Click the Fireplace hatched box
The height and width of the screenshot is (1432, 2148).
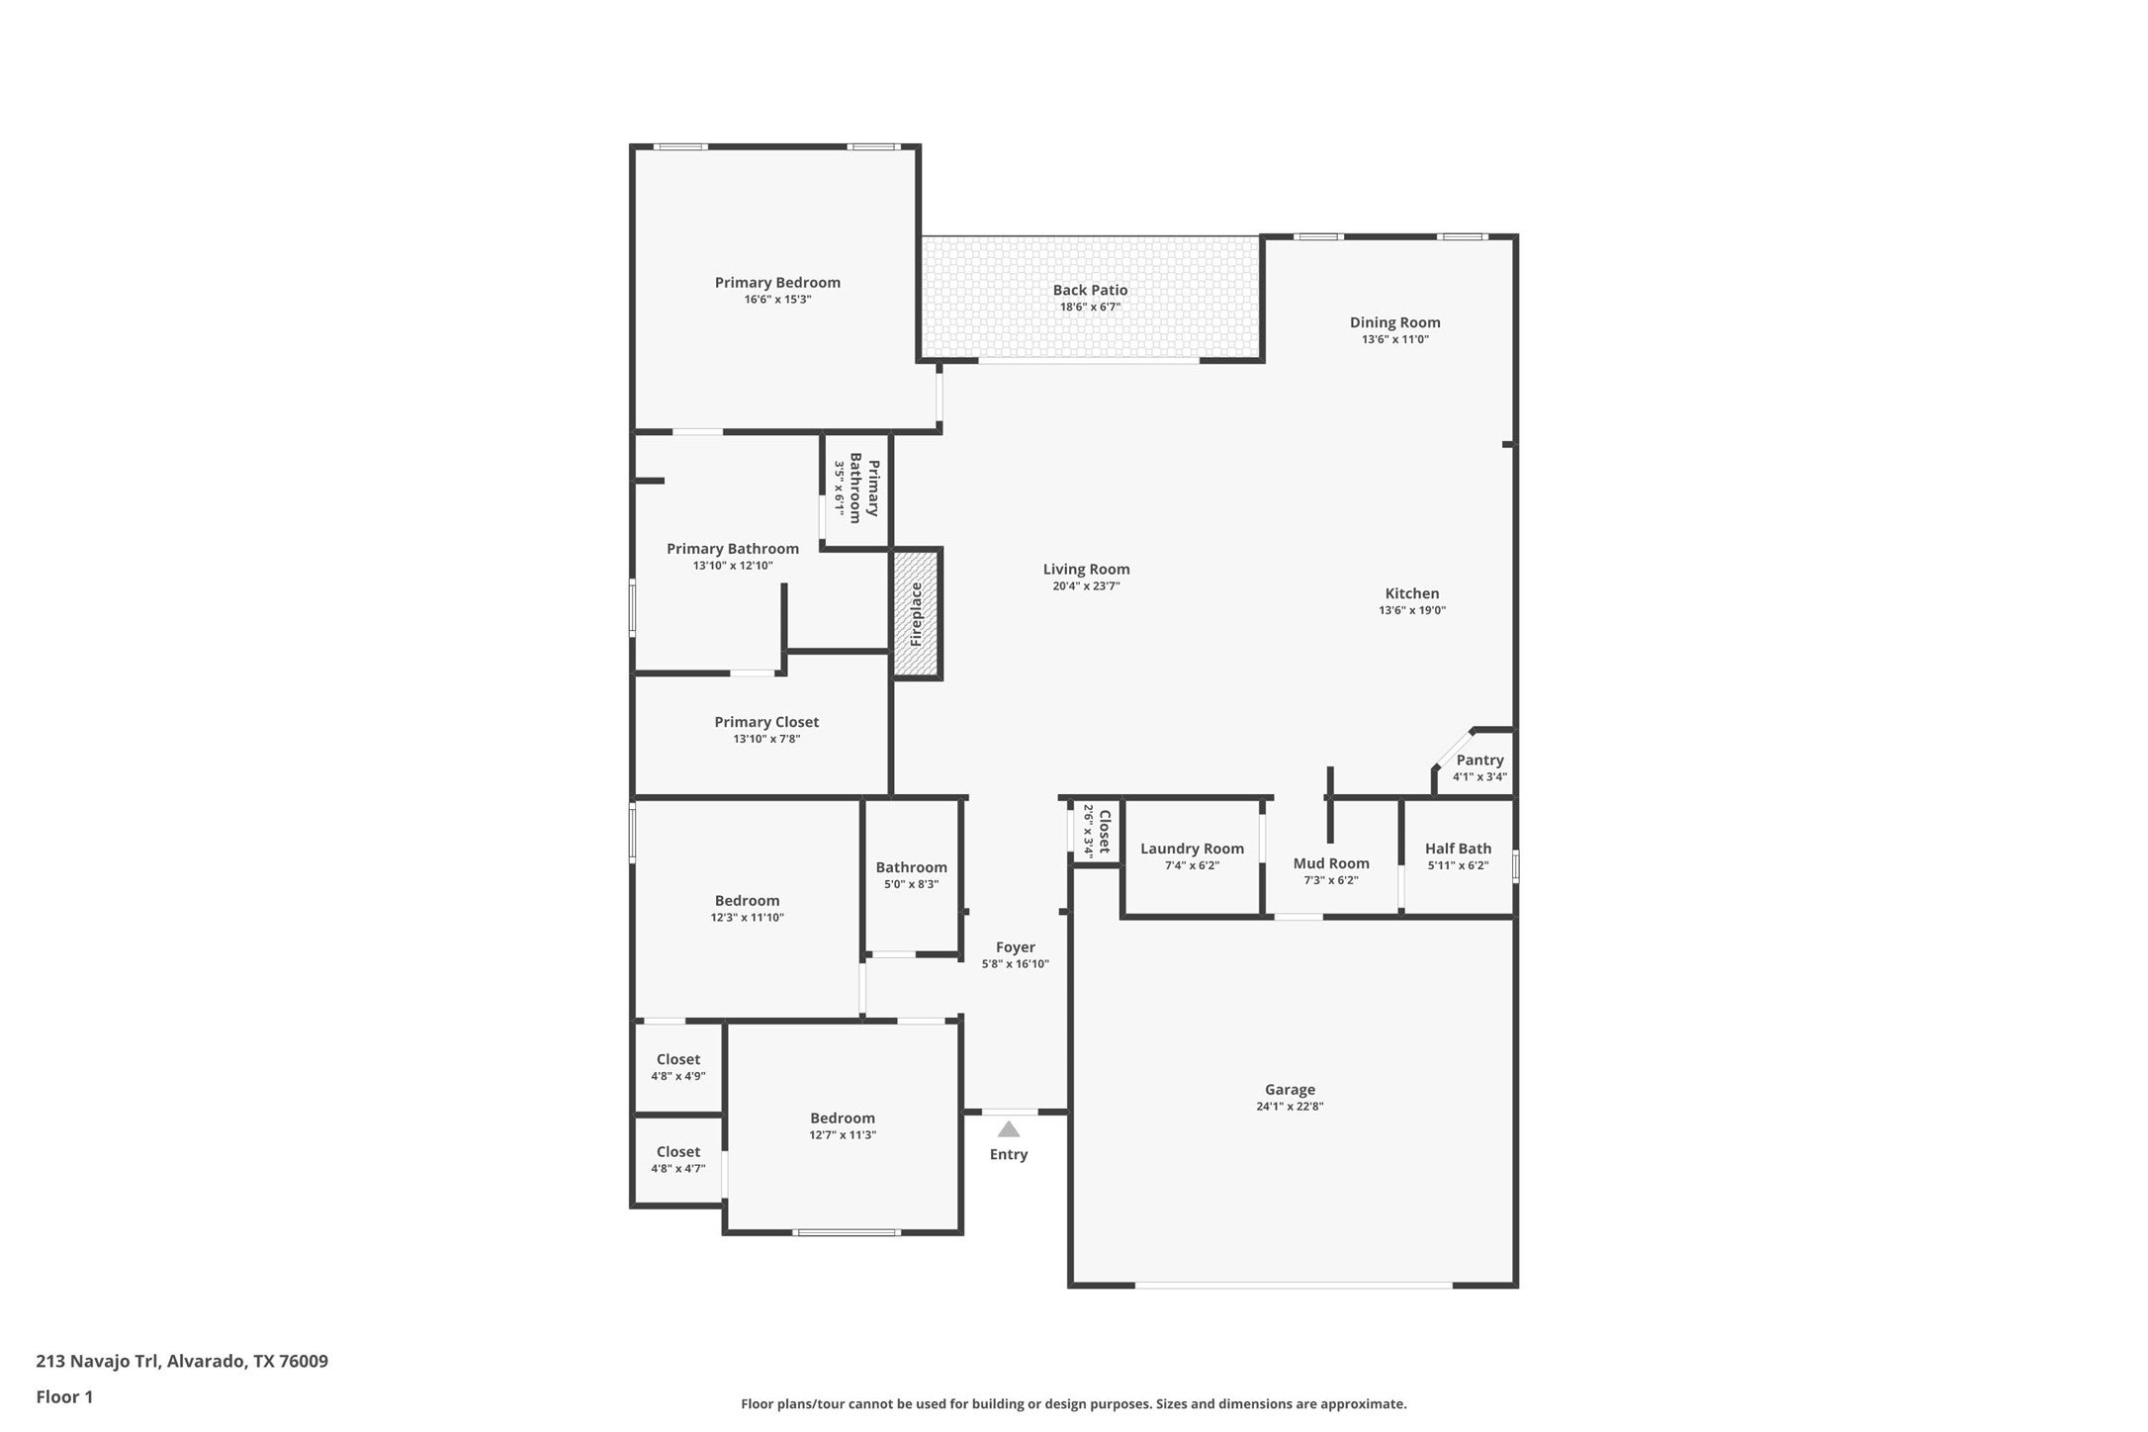[x=917, y=614]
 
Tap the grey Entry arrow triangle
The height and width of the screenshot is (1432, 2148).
[x=1008, y=1129]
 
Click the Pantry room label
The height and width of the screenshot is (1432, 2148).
[x=1479, y=761]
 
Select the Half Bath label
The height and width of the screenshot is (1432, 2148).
[x=1458, y=849]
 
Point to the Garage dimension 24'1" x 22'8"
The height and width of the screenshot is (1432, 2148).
[x=1290, y=1107]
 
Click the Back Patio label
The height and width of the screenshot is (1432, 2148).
[x=1090, y=290]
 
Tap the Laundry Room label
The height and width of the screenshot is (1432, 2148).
[x=1192, y=849]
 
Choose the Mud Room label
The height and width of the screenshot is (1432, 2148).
[x=1331, y=863]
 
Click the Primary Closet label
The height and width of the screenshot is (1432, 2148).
[x=766, y=722]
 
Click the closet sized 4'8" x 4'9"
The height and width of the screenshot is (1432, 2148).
[x=677, y=1067]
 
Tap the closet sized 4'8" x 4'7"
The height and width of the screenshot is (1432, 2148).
[x=677, y=1159]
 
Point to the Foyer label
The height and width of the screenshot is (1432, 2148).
[x=1015, y=947]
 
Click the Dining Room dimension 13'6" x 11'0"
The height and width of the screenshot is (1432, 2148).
[x=1394, y=339]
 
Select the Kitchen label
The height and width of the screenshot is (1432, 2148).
[x=1411, y=593]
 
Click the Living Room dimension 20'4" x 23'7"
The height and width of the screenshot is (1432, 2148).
[x=1086, y=585]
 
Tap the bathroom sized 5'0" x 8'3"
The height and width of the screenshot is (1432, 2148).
[x=911, y=875]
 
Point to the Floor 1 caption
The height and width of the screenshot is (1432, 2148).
[x=64, y=1397]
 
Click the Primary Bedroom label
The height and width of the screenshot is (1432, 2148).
[x=777, y=283]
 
